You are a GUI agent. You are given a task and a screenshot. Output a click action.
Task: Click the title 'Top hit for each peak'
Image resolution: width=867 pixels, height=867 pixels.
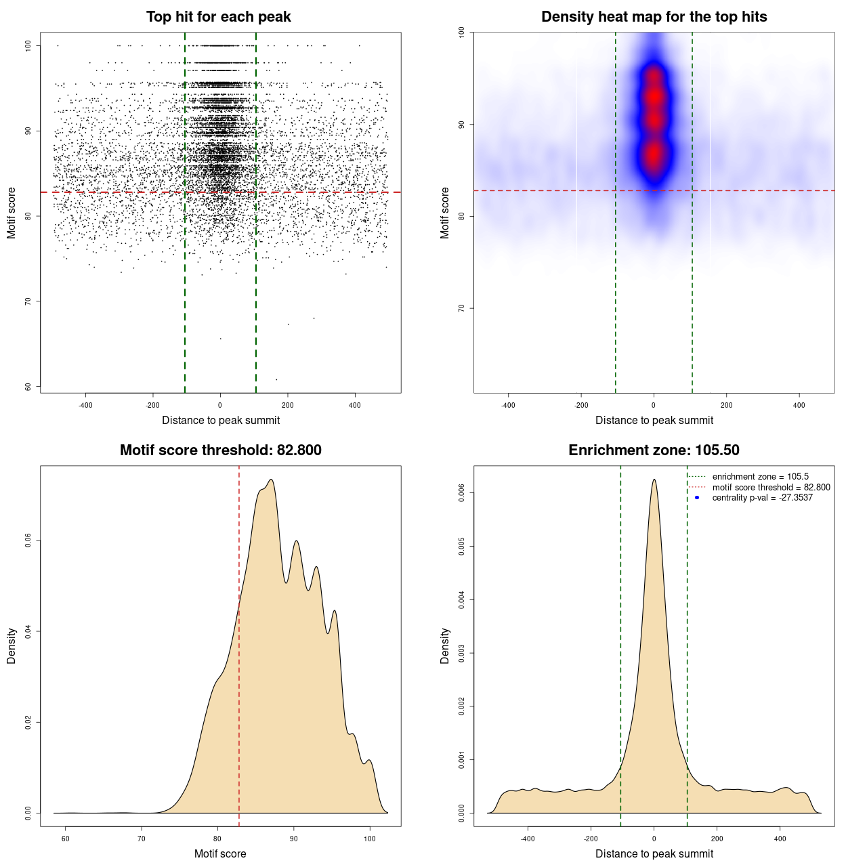pos(218,17)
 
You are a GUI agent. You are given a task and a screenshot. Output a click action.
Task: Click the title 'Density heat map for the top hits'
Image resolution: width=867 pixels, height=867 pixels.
pos(654,17)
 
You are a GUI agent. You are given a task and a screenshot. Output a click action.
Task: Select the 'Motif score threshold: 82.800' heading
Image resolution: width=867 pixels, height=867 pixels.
pos(220,450)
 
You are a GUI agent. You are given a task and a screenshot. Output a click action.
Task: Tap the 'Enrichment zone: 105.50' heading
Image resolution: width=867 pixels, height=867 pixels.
pos(654,450)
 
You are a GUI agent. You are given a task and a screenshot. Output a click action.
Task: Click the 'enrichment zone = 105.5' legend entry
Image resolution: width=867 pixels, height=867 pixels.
pos(760,477)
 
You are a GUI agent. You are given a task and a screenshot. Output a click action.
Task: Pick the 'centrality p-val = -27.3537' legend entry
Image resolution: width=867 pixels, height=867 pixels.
pos(762,498)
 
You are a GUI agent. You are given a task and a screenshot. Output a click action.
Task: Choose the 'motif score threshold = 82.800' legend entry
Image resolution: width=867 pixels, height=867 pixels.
pos(771,488)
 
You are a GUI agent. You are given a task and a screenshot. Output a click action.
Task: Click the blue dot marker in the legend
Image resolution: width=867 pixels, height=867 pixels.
pos(697,498)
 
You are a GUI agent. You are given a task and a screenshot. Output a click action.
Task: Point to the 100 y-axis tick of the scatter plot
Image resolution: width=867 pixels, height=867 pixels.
pos(28,45)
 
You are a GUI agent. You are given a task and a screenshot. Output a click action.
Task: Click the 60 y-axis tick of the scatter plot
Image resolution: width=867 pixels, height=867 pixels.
pos(28,387)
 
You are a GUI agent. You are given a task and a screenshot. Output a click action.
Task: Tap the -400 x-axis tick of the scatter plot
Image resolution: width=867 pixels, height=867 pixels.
pos(85,406)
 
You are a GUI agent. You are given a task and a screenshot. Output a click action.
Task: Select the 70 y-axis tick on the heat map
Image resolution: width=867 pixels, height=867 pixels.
pos(462,308)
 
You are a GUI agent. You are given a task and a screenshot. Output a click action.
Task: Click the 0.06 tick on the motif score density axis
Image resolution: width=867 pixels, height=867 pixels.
pos(28,541)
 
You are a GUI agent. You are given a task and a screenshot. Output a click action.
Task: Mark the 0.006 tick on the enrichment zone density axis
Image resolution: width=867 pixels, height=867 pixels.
pos(462,493)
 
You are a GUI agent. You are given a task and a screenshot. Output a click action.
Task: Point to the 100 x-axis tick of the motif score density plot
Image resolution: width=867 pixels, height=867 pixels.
pos(369,839)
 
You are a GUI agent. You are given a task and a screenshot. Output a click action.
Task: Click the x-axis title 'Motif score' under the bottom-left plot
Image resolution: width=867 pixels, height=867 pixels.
pos(220,854)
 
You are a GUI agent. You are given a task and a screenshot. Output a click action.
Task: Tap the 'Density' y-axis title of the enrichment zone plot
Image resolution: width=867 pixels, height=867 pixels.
pos(445,646)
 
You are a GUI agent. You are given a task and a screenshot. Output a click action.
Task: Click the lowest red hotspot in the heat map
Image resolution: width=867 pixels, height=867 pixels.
pos(654,154)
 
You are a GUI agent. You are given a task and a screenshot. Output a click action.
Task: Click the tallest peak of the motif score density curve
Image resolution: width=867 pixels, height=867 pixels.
pos(271,480)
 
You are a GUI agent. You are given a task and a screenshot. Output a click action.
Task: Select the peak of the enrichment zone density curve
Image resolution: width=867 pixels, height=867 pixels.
pos(654,480)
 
